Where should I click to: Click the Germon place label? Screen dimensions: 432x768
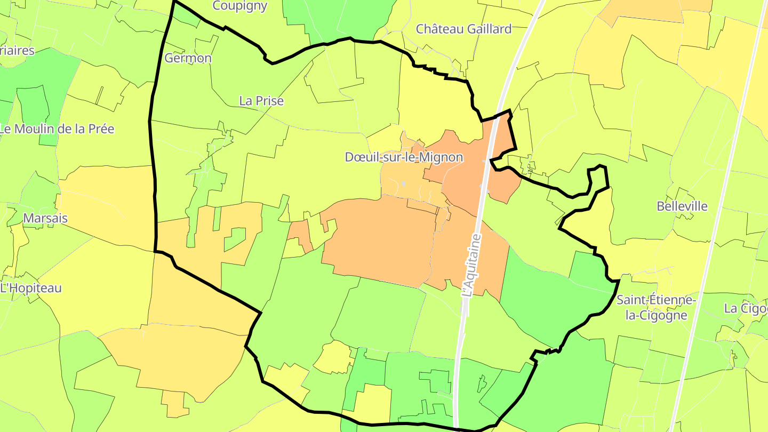pos(188,58)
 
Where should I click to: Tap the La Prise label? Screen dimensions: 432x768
pos(261,101)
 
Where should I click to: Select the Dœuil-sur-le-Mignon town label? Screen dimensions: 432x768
pos(404,157)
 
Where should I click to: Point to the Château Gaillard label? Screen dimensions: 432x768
pos(464,29)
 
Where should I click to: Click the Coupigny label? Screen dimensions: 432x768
pos(240,6)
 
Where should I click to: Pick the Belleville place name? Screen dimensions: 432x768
pos(682,206)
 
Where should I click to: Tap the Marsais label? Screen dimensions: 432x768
pos(45,218)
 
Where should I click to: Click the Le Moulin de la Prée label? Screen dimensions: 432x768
pos(57,129)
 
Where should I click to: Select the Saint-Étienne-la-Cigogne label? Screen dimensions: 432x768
pos(656,307)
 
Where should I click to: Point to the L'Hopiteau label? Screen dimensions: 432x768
pos(31,288)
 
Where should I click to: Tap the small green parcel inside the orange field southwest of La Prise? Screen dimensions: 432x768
pos(235,239)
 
